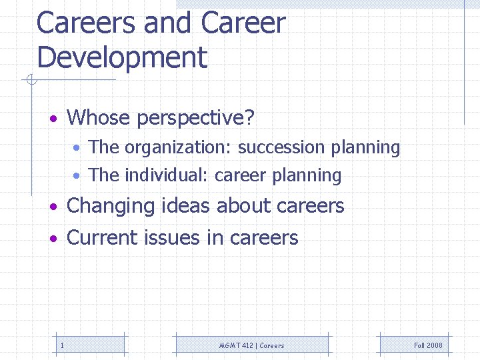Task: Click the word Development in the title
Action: pyautogui.click(x=122, y=57)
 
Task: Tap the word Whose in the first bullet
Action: pyautogui.click(x=99, y=118)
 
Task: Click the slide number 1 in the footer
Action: pyautogui.click(x=62, y=345)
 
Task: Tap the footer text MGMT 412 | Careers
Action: pyautogui.click(x=251, y=345)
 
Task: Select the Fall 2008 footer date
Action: pyautogui.click(x=428, y=345)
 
